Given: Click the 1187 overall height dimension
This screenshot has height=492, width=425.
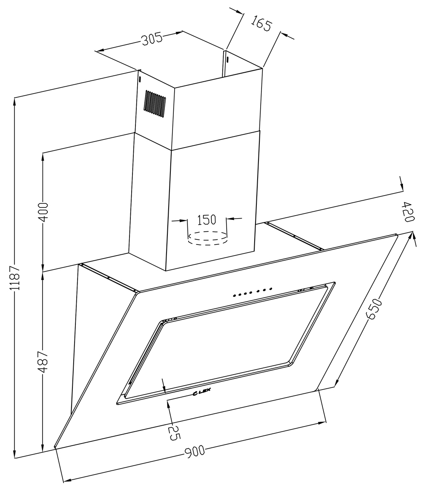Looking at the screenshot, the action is point(15,278).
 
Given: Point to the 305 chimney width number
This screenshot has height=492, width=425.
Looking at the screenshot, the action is point(152,39).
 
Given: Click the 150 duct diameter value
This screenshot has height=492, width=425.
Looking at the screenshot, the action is point(207,220).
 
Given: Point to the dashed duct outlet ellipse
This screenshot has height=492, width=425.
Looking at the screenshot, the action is point(207,238).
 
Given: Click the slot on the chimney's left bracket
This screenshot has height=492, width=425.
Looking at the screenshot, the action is point(140,80).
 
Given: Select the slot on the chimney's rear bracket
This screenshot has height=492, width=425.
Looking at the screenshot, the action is point(227,59).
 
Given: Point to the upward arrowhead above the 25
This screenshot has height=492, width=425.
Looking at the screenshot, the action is point(169,405).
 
